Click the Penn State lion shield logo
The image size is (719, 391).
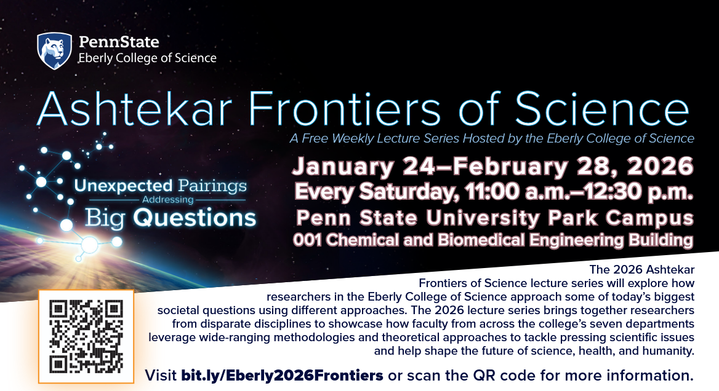pos(55,51)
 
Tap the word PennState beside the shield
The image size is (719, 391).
pos(119,42)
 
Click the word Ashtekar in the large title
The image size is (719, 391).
pos(134,109)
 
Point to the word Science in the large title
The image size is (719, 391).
pos(601,109)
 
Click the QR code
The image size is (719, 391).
pos(86,336)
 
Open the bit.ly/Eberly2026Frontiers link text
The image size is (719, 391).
pos(282,376)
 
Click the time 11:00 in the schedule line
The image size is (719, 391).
pos(492,191)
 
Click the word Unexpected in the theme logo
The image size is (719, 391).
pos(123,186)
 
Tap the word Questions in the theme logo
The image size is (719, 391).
pos(195,218)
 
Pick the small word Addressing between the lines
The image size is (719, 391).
pos(168,200)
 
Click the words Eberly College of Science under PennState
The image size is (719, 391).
pos(147,58)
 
